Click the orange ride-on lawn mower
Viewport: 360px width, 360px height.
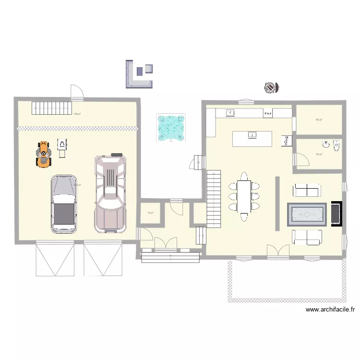point(44,154)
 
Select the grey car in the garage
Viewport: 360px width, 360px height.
point(64,204)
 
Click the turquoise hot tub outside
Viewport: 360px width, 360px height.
point(171,127)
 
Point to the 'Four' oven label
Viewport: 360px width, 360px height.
point(268,114)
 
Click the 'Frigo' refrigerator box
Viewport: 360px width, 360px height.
point(286,140)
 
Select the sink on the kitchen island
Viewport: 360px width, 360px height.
point(252,136)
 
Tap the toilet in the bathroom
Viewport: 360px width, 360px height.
point(336,144)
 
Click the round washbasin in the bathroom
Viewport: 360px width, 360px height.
point(325,143)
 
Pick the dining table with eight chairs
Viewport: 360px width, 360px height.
point(244,196)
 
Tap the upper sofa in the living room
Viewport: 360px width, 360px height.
point(307,191)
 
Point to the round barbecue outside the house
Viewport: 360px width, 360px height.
point(271,87)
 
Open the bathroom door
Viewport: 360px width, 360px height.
point(301,159)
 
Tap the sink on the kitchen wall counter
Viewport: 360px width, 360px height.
point(230,113)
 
